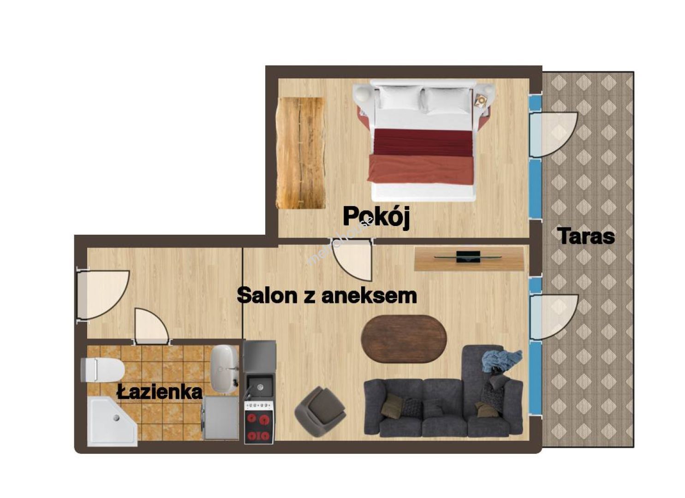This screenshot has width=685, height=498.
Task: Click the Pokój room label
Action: point(376,217)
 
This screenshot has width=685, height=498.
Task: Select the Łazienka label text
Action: point(160,392)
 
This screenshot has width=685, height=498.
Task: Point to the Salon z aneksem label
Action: point(327,295)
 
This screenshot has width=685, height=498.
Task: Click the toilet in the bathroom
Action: point(102,370)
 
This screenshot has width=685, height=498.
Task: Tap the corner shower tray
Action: point(112,421)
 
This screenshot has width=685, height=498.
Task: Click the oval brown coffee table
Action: point(404,339)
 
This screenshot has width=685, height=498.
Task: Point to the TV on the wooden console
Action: point(468,256)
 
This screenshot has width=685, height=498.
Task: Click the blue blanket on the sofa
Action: point(501,360)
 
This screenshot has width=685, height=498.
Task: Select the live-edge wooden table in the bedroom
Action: point(300,153)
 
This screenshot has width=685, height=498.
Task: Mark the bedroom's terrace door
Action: point(553,135)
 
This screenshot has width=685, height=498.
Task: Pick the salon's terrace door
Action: point(553,317)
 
